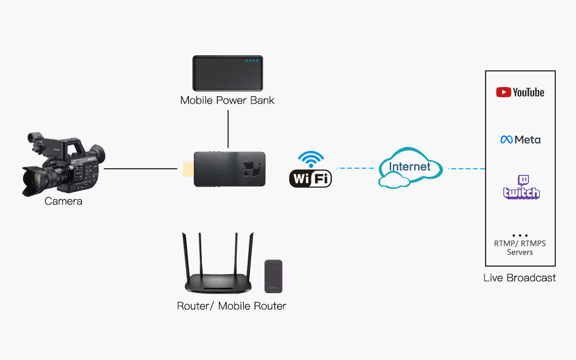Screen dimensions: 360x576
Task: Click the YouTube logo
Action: pyautogui.click(x=520, y=92)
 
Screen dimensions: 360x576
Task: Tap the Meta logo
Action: pyautogui.click(x=520, y=139)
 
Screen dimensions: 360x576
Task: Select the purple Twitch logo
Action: pyautogui.click(x=521, y=188)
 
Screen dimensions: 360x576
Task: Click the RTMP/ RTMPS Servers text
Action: pyautogui.click(x=520, y=248)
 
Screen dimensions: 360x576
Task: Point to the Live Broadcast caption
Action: pyautogui.click(x=520, y=278)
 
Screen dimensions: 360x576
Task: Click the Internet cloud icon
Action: pyautogui.click(x=410, y=168)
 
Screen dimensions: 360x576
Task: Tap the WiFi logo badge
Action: pyautogui.click(x=310, y=179)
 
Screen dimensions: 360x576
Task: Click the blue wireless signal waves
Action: pyautogui.click(x=311, y=158)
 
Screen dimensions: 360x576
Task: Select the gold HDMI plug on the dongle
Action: pyautogui.click(x=188, y=169)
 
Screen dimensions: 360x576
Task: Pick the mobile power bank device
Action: pyautogui.click(x=228, y=73)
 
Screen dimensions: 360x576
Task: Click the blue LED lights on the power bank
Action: pyautogui.click(x=252, y=60)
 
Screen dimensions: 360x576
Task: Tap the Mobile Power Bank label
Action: pyautogui.click(x=227, y=100)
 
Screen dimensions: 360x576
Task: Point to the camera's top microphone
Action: pyautogui.click(x=36, y=138)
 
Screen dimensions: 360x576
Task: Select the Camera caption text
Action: pyautogui.click(x=63, y=202)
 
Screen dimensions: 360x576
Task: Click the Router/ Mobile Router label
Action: pyautogui.click(x=231, y=306)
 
